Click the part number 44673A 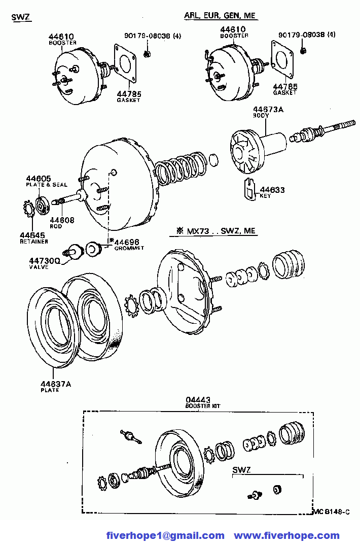(x=268, y=110)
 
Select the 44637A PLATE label (x=56, y=384)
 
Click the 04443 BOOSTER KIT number (x=198, y=400)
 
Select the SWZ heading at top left (x=21, y=17)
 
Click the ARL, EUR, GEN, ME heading (x=220, y=15)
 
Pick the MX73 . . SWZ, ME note (x=217, y=231)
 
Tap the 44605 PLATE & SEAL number (x=38, y=179)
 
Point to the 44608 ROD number (x=62, y=220)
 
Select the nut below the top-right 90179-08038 (x=303, y=51)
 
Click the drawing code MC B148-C (x=332, y=512)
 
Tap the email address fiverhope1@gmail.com (x=165, y=536)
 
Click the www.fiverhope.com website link (x=287, y=536)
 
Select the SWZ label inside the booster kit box (x=241, y=470)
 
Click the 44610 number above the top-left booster (x=61, y=37)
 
